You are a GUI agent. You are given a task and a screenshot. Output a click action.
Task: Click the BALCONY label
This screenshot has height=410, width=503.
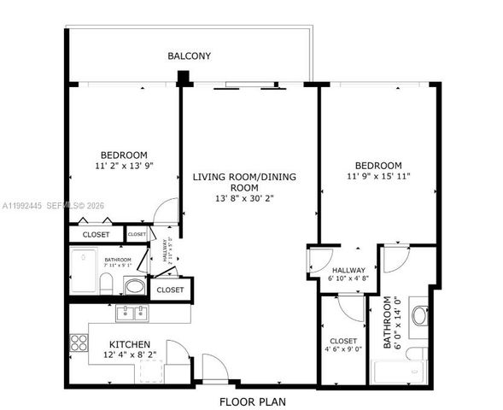pos(190,56)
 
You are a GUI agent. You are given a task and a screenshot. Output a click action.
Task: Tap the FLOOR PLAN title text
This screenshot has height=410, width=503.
pos(252,401)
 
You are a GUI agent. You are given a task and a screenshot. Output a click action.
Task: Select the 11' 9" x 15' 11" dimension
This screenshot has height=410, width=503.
pos(378,177)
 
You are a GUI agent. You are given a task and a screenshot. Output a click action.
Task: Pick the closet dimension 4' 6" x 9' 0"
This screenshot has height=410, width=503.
pos(343,349)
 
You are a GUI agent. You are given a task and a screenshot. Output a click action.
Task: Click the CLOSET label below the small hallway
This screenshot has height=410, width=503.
pos(170,290)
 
